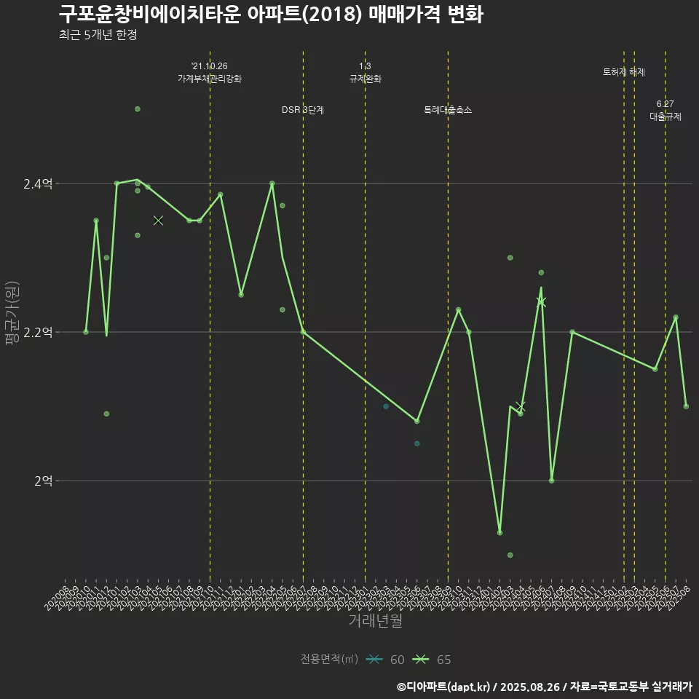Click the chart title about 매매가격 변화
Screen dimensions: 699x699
click(x=270, y=15)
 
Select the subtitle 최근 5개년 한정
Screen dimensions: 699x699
click(x=98, y=35)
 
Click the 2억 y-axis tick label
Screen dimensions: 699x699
click(x=43, y=481)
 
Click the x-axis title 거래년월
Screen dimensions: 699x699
click(x=375, y=620)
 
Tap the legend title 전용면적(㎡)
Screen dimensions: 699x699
click(x=329, y=660)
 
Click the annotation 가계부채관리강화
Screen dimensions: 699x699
click(x=210, y=79)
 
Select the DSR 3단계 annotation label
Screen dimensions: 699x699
click(x=303, y=110)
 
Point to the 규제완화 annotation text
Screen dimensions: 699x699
click(x=365, y=79)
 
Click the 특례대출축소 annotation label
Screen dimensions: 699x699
click(x=448, y=110)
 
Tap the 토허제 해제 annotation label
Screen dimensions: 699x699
click(x=624, y=72)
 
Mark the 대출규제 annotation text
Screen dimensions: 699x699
click(x=666, y=116)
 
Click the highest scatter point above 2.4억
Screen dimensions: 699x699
click(x=137, y=109)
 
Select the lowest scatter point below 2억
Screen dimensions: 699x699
click(x=510, y=555)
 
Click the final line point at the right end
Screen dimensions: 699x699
click(x=686, y=406)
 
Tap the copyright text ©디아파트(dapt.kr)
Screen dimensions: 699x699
click(x=445, y=687)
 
